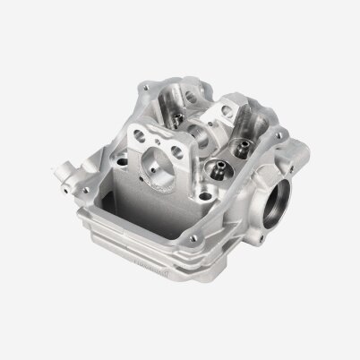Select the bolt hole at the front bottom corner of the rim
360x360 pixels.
point(190,235)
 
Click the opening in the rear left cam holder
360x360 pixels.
point(193,91)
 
